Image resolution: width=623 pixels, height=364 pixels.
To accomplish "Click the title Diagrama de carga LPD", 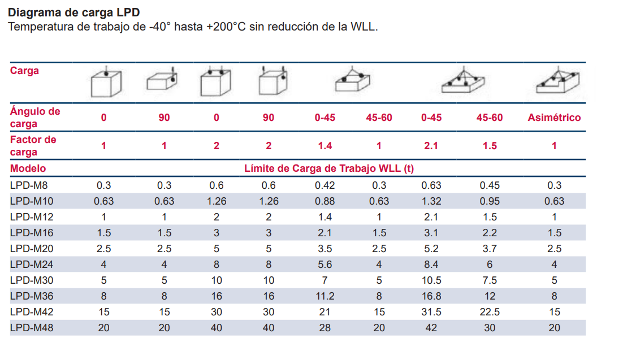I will coord(74,12).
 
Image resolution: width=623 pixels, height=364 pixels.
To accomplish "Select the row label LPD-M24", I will coord(32,264).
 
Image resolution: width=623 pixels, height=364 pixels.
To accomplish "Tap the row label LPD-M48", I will coord(32,327).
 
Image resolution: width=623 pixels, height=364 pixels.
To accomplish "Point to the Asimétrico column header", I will coord(554,118).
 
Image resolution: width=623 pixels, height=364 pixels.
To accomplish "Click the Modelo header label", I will coord(28,168).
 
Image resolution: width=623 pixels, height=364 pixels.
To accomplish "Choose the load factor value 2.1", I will coord(431,146).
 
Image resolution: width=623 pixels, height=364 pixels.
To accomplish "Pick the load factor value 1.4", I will coord(325,146).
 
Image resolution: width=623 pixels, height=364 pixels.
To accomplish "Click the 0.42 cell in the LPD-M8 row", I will coord(325,185).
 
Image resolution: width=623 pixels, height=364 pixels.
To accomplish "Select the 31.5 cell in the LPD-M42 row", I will coord(431,311).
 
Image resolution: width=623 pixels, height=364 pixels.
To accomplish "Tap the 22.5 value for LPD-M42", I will coord(490,311).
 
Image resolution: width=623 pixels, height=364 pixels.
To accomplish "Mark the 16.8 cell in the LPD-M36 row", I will coord(431,296).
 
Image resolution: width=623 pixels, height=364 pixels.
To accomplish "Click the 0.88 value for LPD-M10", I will coord(325,201).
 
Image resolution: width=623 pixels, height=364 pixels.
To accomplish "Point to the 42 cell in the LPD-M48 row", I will coord(431,327).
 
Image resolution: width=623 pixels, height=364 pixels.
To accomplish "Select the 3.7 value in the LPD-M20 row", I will coord(490,248).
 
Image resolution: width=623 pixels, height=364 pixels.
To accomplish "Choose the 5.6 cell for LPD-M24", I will coord(325,264).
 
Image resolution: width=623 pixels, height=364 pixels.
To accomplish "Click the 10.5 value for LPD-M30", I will coord(431,280).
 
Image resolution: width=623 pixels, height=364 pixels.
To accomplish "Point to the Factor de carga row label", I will coord(33,145).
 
